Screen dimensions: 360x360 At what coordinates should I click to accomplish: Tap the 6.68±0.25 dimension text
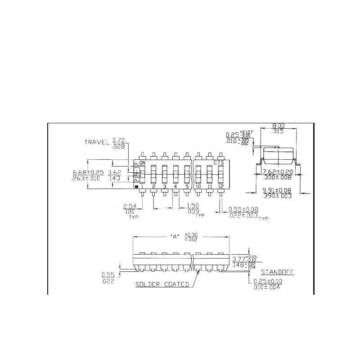pyautogui.click(x=88, y=172)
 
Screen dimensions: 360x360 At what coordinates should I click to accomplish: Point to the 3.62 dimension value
pyautogui.click(x=114, y=172)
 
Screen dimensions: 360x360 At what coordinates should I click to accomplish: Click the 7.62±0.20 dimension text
pyautogui.click(x=277, y=172)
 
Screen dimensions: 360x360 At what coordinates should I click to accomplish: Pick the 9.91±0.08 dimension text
pyautogui.click(x=277, y=190)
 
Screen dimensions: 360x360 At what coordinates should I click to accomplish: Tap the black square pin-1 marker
pyautogui.click(x=136, y=186)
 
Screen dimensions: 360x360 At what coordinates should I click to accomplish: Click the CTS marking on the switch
pyautogui.click(x=219, y=162)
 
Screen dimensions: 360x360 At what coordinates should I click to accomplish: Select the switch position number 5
pyautogui.click(x=187, y=186)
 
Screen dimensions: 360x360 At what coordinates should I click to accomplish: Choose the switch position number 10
pyautogui.click(x=198, y=186)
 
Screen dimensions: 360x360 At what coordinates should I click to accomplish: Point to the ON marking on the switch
pyautogui.click(x=143, y=162)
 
